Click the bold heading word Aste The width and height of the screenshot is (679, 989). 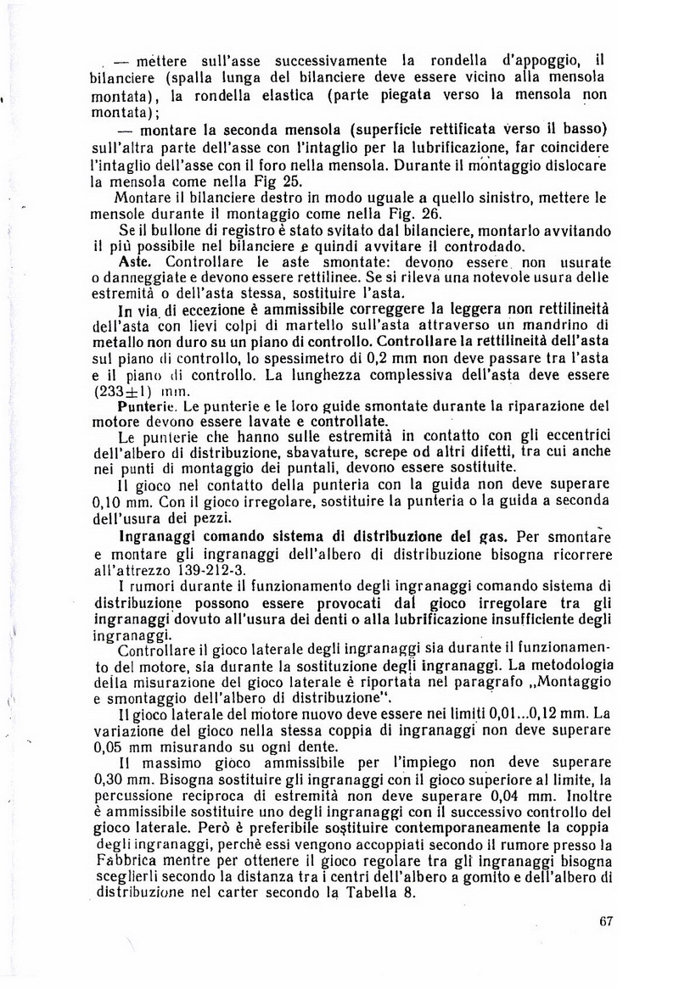[x=137, y=262]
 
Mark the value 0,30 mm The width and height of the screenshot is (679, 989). [x=122, y=782]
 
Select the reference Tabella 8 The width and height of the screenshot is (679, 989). [x=384, y=895]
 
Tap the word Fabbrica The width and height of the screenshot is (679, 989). [x=127, y=863]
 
